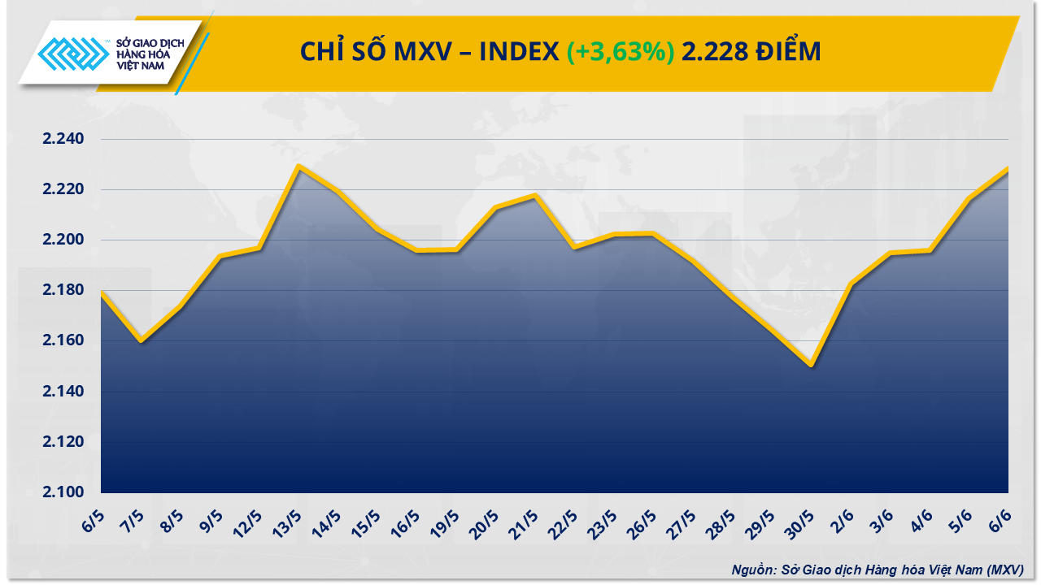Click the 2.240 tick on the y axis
click(x=63, y=139)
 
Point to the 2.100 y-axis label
click(x=63, y=492)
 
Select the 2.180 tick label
click(x=63, y=290)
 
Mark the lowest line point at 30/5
click(x=812, y=366)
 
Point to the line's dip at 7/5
click(x=141, y=340)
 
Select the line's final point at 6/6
click(x=1008, y=169)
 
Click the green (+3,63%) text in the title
click(x=621, y=52)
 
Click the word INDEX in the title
click(x=517, y=52)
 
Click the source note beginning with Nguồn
click(x=876, y=570)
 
